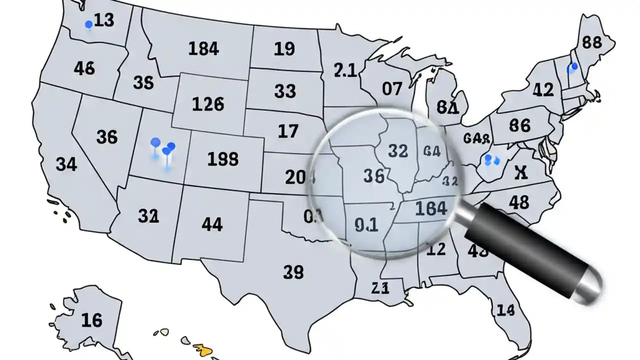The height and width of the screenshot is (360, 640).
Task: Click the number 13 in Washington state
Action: (x=104, y=20)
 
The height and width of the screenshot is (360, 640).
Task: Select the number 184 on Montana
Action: (x=203, y=48)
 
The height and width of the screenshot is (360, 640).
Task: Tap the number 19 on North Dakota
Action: (x=284, y=48)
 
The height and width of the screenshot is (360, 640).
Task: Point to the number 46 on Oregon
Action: (x=84, y=68)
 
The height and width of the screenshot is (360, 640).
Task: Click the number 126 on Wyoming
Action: (x=208, y=104)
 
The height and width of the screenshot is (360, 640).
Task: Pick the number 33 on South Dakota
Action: (x=285, y=91)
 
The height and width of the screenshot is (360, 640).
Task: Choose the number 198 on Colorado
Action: (x=222, y=158)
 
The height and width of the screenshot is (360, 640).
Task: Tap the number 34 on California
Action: (x=66, y=163)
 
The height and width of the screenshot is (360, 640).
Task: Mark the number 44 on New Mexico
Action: (x=212, y=224)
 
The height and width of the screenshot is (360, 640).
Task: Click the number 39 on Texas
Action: (x=293, y=271)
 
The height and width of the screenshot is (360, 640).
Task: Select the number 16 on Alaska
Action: (x=91, y=319)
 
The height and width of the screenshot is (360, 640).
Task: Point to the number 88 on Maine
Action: (x=592, y=42)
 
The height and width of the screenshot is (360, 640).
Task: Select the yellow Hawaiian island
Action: (x=206, y=349)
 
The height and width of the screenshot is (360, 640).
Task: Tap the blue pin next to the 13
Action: (x=89, y=24)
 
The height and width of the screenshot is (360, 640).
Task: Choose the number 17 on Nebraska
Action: (x=287, y=131)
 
